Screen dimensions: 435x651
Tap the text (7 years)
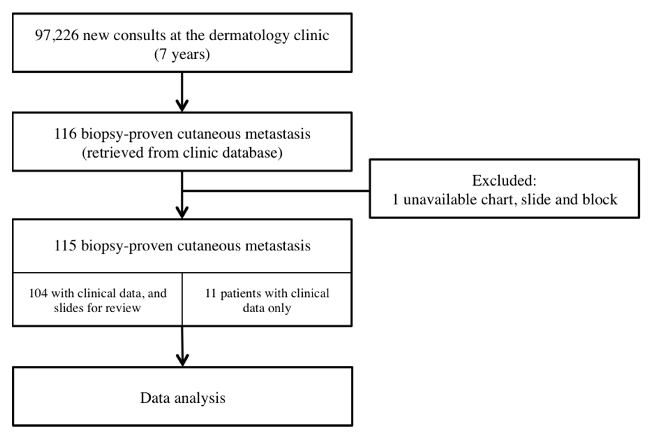(x=182, y=54)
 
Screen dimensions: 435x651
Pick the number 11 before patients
(x=211, y=293)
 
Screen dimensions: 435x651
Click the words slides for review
(x=97, y=308)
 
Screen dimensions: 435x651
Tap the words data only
(x=267, y=308)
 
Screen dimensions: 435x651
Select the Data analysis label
(x=183, y=398)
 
